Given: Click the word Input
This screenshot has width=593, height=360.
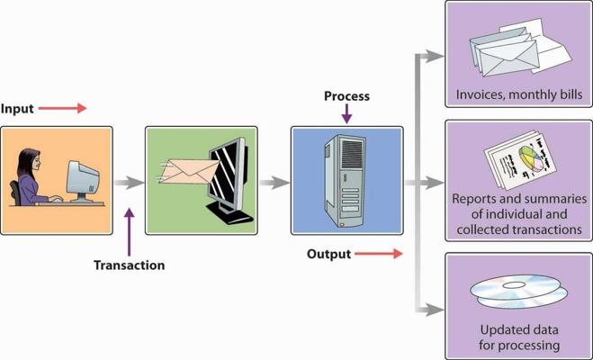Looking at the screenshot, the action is coord(17,109).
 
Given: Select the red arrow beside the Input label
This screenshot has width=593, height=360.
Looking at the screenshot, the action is coord(62,108).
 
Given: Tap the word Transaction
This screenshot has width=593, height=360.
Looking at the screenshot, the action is coord(130,265).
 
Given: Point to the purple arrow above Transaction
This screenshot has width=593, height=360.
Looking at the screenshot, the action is coord(130,232).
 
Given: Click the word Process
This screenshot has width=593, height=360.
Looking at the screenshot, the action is coord(346,96).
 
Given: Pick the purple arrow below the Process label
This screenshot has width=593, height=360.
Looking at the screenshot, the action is coord(346,113).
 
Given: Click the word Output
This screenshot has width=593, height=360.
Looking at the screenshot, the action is coord(329,254).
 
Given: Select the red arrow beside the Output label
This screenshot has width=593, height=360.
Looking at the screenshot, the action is coord(379,254).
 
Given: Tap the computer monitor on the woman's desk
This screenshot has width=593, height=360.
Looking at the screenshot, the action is coord(83,181).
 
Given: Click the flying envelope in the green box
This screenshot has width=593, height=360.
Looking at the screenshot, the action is coord(189,171).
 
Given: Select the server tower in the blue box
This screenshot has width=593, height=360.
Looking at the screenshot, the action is coord(345,181).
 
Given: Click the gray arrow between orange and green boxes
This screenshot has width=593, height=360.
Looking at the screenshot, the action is coord(129,183).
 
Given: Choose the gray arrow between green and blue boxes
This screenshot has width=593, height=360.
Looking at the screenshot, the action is coord(274,183).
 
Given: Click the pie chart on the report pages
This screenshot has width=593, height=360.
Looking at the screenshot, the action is coord(531,158).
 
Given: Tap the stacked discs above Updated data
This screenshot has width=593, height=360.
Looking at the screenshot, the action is coord(519,292).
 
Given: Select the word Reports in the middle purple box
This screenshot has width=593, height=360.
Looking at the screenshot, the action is coord(475,199).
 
